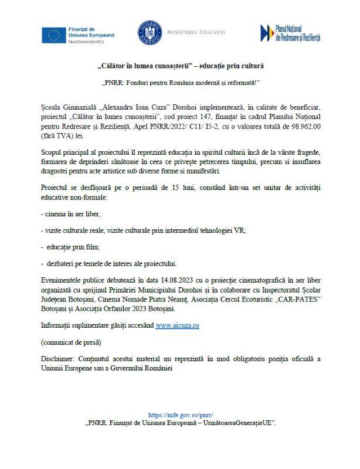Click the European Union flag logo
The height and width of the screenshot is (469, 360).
pos(55,35)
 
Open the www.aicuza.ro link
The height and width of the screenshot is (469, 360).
pos(175,325)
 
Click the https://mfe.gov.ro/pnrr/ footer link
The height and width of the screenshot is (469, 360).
pos(180,414)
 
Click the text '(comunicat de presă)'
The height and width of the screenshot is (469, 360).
pos(71,341)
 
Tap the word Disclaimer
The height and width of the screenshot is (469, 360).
pos(58,358)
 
